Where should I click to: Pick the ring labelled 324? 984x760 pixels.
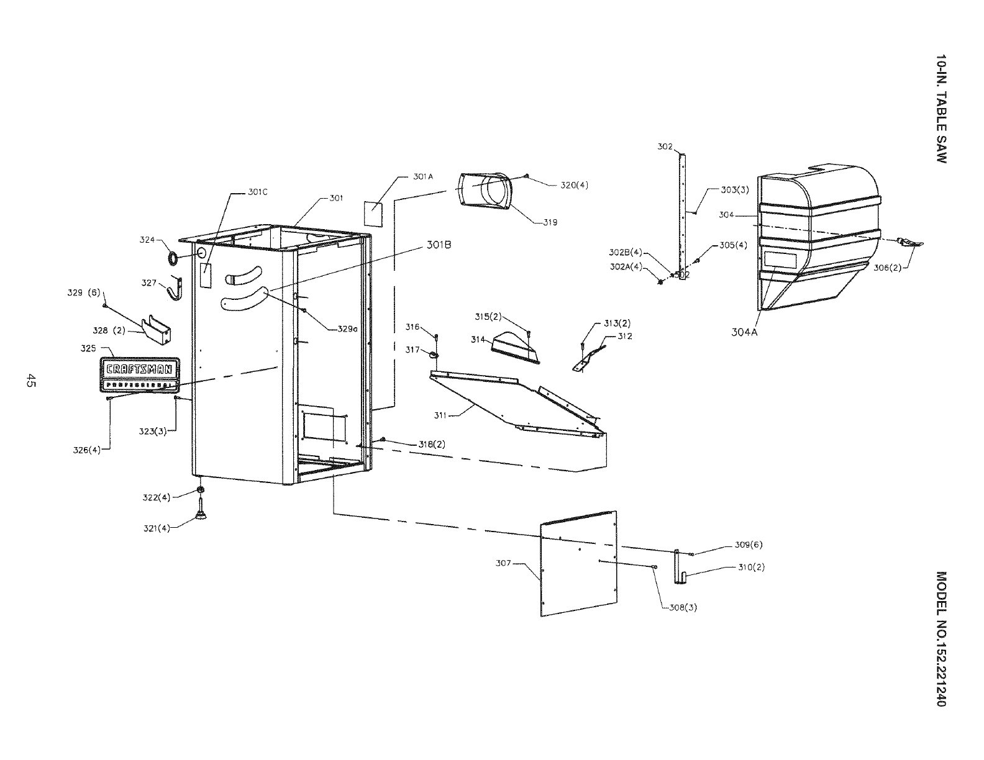(174, 256)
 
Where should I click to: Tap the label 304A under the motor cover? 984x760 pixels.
(744, 332)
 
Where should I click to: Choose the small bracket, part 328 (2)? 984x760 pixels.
(157, 332)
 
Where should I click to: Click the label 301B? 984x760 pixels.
(438, 245)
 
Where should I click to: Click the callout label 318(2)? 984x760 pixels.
(430, 445)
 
